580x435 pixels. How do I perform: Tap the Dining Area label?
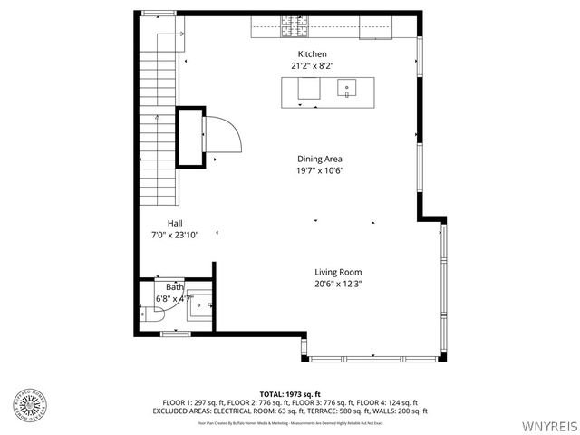coord(319,159)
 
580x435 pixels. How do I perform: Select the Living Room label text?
coord(338,272)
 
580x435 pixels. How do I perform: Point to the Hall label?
coord(174,223)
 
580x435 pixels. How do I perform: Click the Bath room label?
coord(174,286)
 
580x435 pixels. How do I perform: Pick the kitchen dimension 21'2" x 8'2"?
coord(313,66)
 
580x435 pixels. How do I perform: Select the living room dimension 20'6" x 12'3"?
coord(338,284)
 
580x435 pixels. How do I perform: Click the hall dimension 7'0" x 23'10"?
coord(174,235)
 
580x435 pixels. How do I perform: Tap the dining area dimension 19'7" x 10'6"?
coord(319,170)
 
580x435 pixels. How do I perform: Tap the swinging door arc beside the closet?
coord(224,137)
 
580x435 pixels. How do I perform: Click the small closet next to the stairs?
coord(189,137)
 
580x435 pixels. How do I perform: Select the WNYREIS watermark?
coord(547,424)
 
